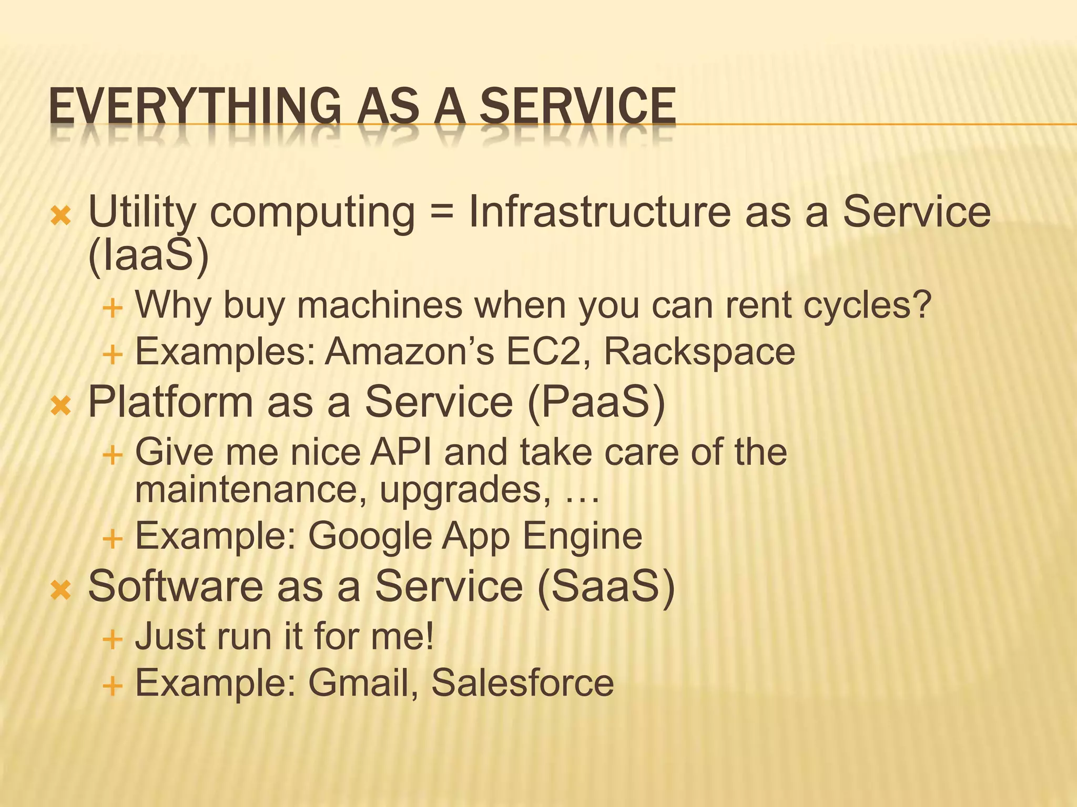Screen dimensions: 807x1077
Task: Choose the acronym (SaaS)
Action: (605, 587)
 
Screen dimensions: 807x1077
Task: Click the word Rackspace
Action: (699, 351)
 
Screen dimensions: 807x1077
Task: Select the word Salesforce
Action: (522, 683)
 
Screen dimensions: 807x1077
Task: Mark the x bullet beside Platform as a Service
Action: (60, 406)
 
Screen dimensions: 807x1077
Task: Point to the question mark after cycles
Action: (921, 305)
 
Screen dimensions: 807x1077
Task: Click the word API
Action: (401, 452)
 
